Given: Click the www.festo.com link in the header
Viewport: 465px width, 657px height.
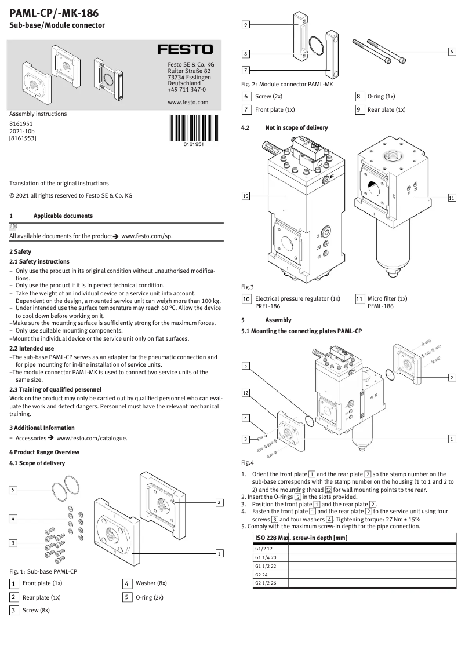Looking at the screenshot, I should (187, 102).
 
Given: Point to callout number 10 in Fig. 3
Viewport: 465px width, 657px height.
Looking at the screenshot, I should (246, 196).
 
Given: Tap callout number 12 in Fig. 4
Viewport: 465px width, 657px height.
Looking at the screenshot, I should (246, 393).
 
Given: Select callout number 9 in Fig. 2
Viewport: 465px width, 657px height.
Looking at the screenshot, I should (246, 25).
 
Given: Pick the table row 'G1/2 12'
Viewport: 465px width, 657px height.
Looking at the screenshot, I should (264, 548).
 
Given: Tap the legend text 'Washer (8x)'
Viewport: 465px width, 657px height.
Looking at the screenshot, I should (151, 583).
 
